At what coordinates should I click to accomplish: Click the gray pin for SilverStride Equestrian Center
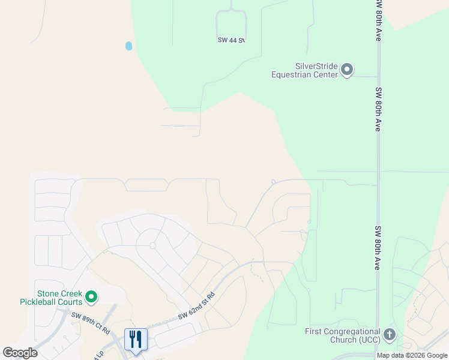pyautogui.click(x=347, y=70)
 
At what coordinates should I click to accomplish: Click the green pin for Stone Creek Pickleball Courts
pyautogui.click(x=91, y=296)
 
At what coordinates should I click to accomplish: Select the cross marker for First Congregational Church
pyautogui.click(x=389, y=335)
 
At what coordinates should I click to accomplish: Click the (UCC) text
pyautogui.click(x=365, y=340)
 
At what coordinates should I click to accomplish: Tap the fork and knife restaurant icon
pyautogui.click(x=136, y=340)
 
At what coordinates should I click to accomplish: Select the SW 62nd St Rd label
pyautogui.click(x=196, y=307)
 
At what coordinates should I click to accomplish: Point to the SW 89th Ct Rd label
pyautogui.click(x=91, y=322)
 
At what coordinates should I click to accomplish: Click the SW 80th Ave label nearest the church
pyautogui.click(x=378, y=247)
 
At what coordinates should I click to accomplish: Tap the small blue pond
pyautogui.click(x=128, y=46)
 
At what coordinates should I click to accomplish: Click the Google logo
pyautogui.click(x=20, y=353)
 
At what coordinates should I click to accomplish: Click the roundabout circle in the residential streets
pyautogui.click(x=152, y=245)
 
